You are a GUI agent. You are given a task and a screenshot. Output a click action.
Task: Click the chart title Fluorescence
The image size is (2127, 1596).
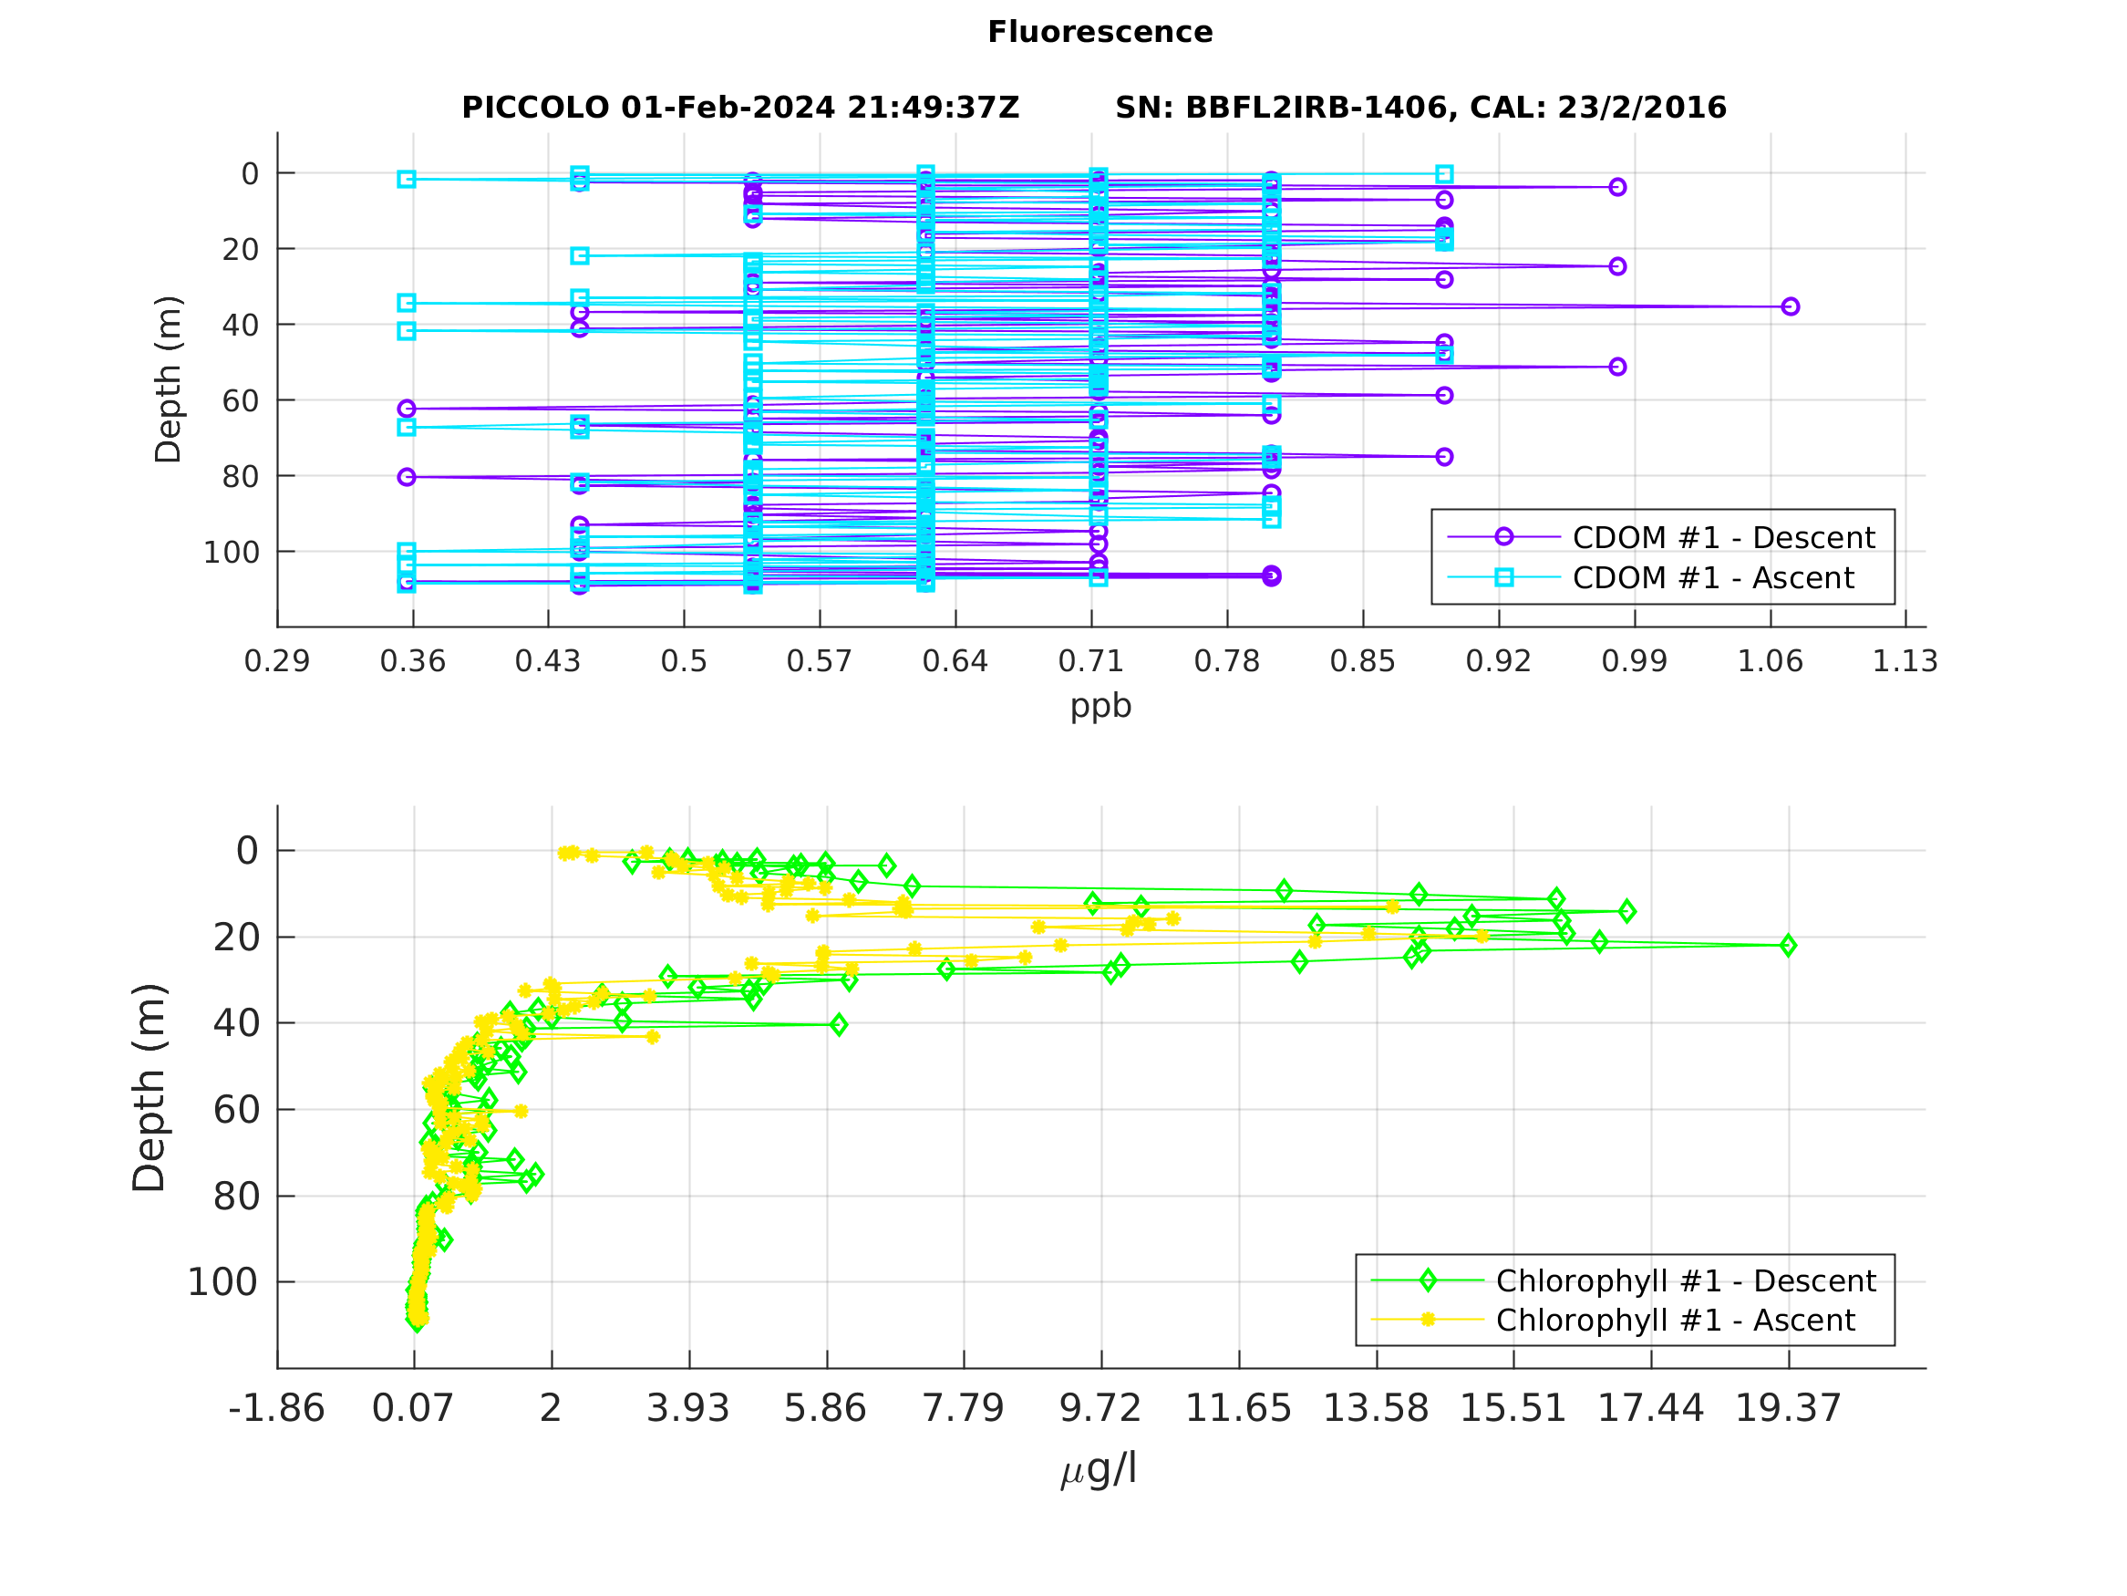tap(1100, 32)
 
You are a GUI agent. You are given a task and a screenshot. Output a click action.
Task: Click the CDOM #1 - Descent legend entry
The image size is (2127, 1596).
tap(1722, 537)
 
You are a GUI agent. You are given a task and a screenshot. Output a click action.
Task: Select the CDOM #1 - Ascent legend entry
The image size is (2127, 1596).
tap(1712, 577)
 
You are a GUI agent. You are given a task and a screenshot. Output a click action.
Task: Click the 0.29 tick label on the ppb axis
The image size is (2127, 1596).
tap(277, 661)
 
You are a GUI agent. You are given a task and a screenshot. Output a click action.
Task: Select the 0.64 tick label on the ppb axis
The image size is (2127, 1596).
tap(955, 661)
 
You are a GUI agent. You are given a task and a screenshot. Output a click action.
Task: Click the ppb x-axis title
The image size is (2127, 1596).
tap(1100, 705)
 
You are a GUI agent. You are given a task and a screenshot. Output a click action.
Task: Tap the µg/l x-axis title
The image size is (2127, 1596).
tap(1100, 1469)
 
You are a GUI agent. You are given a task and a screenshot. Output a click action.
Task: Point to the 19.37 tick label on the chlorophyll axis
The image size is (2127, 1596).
tap(1788, 1408)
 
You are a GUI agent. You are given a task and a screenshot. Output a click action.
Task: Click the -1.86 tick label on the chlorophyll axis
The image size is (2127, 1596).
tap(277, 1408)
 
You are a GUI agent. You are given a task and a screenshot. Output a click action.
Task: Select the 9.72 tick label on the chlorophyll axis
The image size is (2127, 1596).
tap(1100, 1408)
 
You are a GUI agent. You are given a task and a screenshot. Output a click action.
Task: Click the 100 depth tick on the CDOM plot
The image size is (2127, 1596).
tap(231, 552)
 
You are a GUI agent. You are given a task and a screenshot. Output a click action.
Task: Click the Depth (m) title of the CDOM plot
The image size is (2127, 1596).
tap(169, 379)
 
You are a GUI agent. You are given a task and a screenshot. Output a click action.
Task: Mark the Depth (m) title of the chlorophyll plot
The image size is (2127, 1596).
tap(149, 1087)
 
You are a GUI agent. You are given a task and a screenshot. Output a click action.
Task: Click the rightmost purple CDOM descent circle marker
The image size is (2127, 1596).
tap(1790, 306)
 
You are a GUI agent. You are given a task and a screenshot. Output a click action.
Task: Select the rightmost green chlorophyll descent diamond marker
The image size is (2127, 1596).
tap(1788, 946)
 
